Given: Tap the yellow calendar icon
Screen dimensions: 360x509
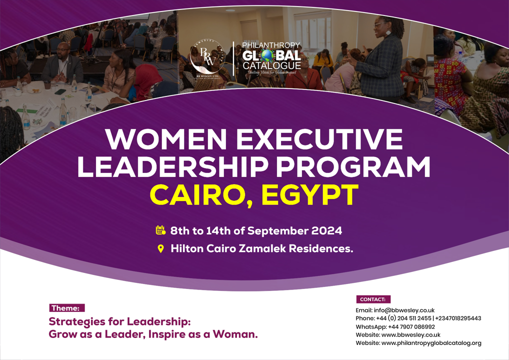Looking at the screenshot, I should click(x=160, y=230).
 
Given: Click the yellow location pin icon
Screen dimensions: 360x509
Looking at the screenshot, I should click(x=160, y=248).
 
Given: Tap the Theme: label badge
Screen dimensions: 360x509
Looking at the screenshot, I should click(x=66, y=308).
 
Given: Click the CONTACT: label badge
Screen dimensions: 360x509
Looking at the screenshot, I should click(x=373, y=299).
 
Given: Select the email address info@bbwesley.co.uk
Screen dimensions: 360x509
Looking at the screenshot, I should click(x=404, y=310).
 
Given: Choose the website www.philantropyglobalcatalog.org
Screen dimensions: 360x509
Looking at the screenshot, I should click(x=431, y=343).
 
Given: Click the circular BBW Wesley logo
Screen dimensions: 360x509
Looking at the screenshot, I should click(x=207, y=57).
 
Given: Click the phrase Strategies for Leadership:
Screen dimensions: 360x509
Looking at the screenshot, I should click(x=119, y=321).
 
